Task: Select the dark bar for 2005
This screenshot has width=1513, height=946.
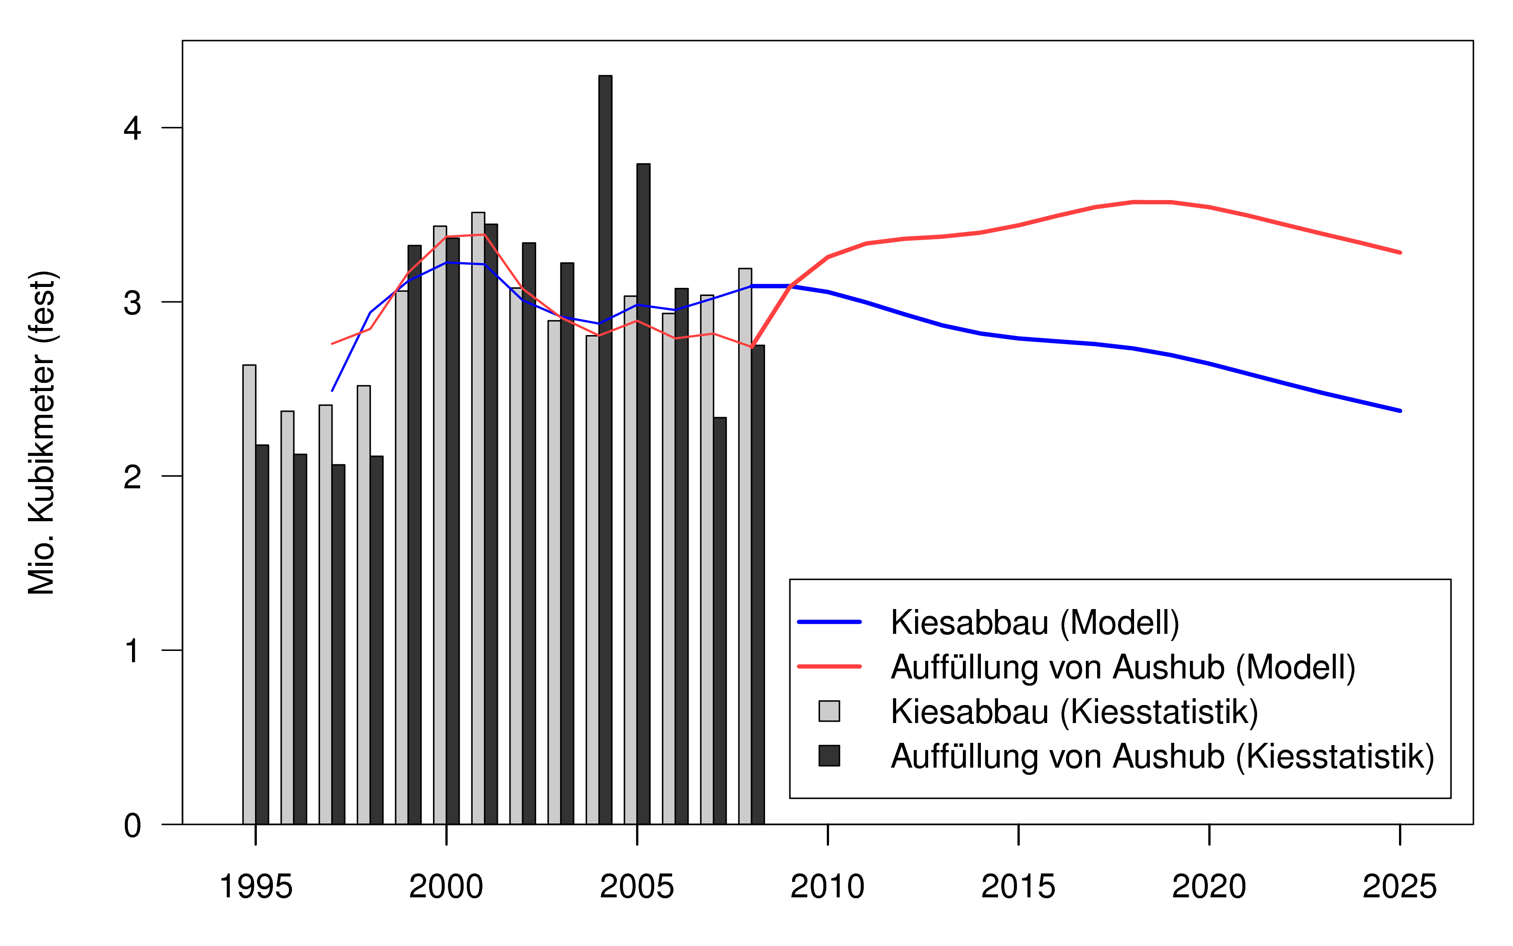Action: tap(643, 494)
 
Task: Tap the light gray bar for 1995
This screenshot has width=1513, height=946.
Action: tap(249, 594)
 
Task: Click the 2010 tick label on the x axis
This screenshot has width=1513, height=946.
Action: tap(827, 887)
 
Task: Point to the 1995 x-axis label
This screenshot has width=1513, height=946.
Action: tap(255, 887)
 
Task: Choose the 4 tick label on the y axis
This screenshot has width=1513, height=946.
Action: tap(132, 128)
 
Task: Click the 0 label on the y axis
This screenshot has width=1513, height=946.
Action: tap(132, 825)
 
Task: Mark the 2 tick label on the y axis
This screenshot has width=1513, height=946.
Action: tap(132, 477)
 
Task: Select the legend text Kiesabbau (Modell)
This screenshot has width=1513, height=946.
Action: tap(1035, 623)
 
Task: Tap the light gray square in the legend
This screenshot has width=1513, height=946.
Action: tap(829, 711)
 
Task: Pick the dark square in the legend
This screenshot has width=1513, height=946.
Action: tap(829, 756)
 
